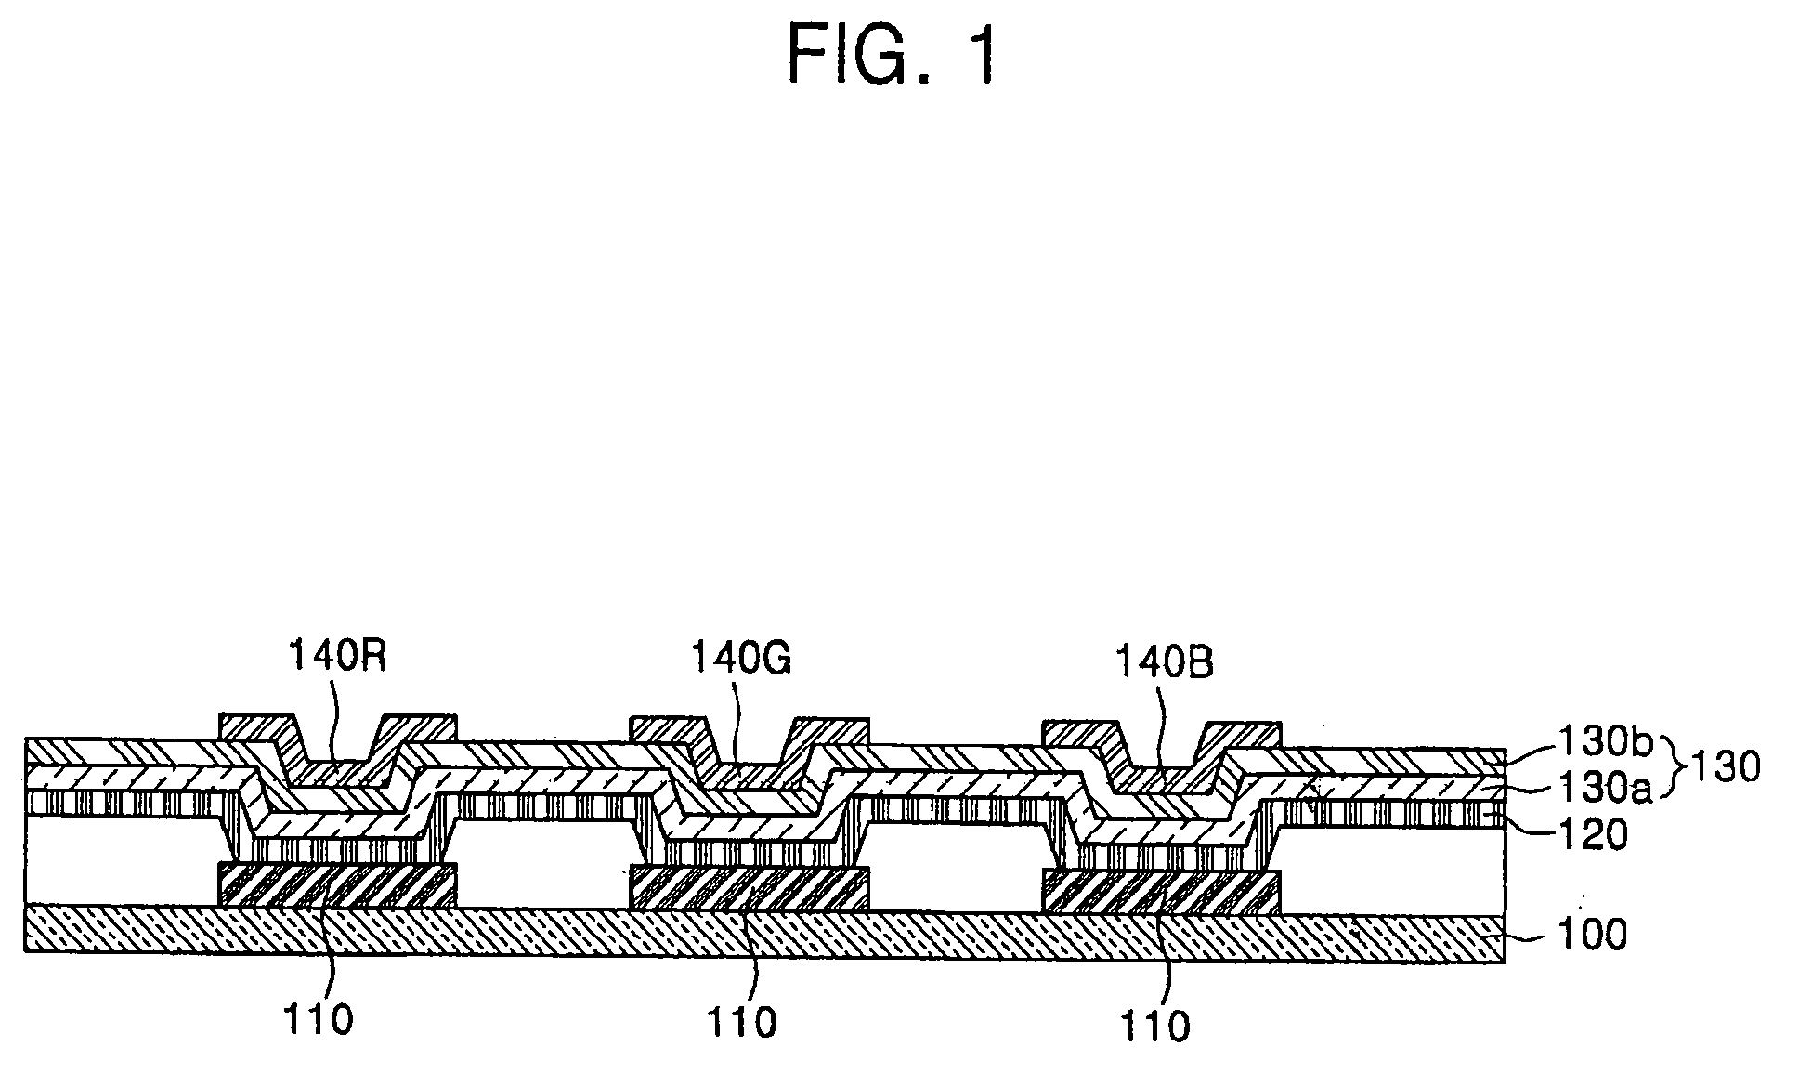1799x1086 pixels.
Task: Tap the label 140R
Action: click(x=336, y=656)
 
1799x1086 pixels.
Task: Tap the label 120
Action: click(x=1590, y=834)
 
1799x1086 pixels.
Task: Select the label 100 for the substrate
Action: click(x=1590, y=934)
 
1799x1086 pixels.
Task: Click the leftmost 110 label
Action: click(x=318, y=1019)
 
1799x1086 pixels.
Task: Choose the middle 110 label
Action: click(x=741, y=1022)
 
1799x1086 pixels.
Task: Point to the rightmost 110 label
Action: click(x=1154, y=1027)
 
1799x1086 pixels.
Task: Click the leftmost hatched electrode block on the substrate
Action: click(x=337, y=884)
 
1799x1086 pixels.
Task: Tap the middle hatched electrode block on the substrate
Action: click(x=750, y=887)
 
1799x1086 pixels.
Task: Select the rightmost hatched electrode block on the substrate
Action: click(x=1162, y=891)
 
